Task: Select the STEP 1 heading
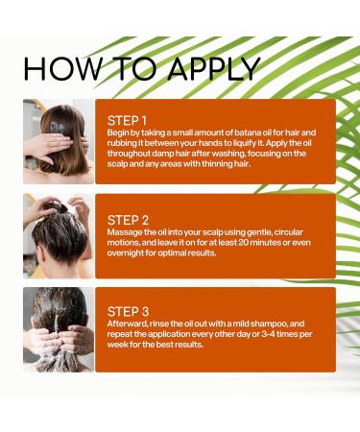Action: point(132,121)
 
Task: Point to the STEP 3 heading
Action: point(132,311)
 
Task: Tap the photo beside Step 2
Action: point(59,235)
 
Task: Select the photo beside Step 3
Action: point(59,328)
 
